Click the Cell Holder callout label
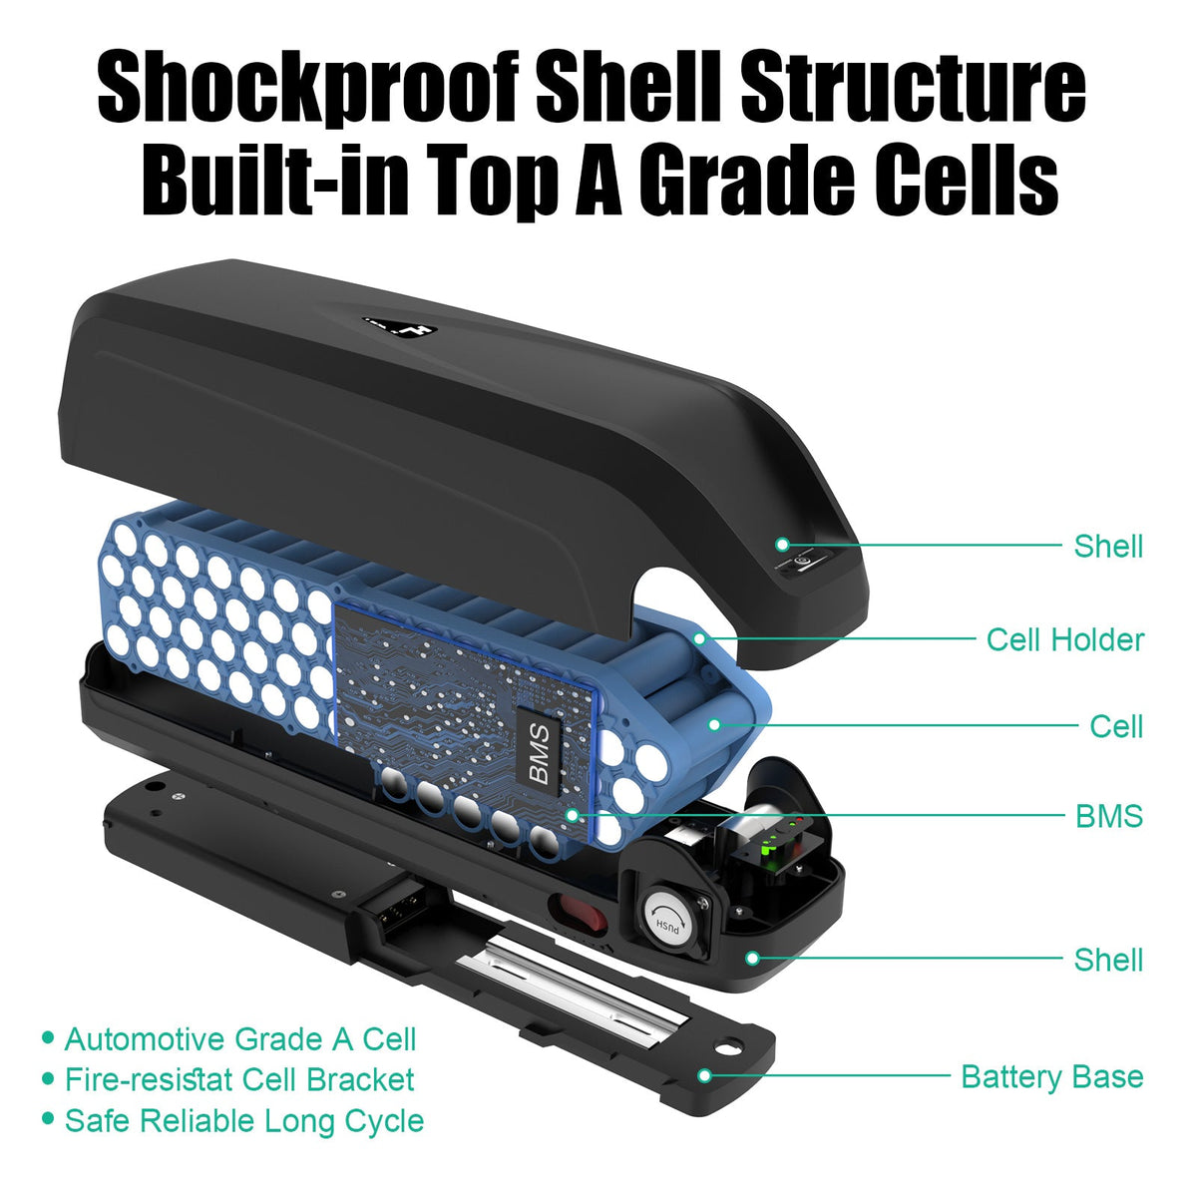[1064, 640]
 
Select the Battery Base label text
[1051, 1077]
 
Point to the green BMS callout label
[1109, 816]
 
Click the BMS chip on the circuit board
[538, 753]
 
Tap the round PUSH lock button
[668, 923]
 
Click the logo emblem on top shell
[399, 328]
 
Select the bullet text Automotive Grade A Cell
[239, 1039]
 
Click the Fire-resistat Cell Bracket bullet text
[239, 1079]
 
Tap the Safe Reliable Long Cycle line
[244, 1121]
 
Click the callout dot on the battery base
[704, 1075]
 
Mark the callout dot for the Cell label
[714, 725]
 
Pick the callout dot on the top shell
[782, 545]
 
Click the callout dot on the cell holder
[700, 638]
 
